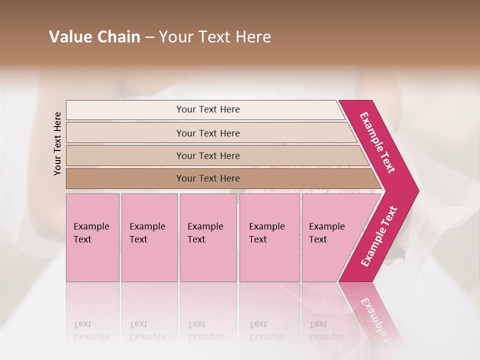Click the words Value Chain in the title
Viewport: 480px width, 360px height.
[x=94, y=37]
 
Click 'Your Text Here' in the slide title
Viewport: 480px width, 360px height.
[x=215, y=37]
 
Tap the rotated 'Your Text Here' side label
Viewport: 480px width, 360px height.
[x=57, y=143]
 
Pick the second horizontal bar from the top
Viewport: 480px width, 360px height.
[x=208, y=133]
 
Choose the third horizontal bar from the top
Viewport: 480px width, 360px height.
[x=208, y=155]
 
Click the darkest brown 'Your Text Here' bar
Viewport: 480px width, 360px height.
[x=208, y=178]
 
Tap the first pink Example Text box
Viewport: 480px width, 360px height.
[x=92, y=237]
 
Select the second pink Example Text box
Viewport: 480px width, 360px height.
[x=149, y=237]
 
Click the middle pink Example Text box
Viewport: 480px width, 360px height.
[x=208, y=237]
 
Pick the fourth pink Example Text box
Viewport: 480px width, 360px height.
[x=269, y=237]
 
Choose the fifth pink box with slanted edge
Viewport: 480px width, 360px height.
[x=330, y=237]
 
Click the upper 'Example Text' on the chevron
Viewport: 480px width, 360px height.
[x=377, y=142]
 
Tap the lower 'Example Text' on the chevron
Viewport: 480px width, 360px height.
[x=379, y=236]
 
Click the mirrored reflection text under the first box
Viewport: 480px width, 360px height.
[x=91, y=330]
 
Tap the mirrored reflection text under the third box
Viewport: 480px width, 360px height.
[x=205, y=330]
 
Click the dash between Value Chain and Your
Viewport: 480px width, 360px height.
[x=149, y=37]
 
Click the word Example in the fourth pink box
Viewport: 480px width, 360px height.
[x=267, y=226]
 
